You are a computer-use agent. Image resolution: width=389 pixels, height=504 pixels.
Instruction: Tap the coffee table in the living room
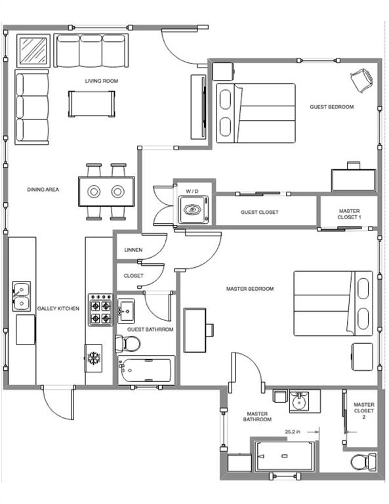92,103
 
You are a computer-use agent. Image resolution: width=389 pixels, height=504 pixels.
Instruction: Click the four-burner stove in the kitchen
100,310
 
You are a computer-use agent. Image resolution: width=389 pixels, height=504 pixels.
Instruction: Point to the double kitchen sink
20,296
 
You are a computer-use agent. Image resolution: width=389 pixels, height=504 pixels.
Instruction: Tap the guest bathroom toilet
127,343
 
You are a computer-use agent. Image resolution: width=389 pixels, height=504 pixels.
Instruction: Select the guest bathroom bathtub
146,370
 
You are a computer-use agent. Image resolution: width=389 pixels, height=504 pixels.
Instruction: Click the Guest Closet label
260,212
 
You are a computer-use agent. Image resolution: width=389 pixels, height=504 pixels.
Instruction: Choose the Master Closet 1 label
349,214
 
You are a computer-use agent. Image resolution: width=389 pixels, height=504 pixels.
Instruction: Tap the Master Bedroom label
249,289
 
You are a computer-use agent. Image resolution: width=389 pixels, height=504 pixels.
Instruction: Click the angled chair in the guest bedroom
360,81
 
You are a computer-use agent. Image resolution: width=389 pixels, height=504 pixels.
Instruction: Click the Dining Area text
43,190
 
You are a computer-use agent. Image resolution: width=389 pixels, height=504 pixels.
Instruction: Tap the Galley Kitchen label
58,308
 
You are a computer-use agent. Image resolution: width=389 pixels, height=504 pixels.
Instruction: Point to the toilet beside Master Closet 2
361,462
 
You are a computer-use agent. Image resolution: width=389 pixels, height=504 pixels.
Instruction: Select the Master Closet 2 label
363,411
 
